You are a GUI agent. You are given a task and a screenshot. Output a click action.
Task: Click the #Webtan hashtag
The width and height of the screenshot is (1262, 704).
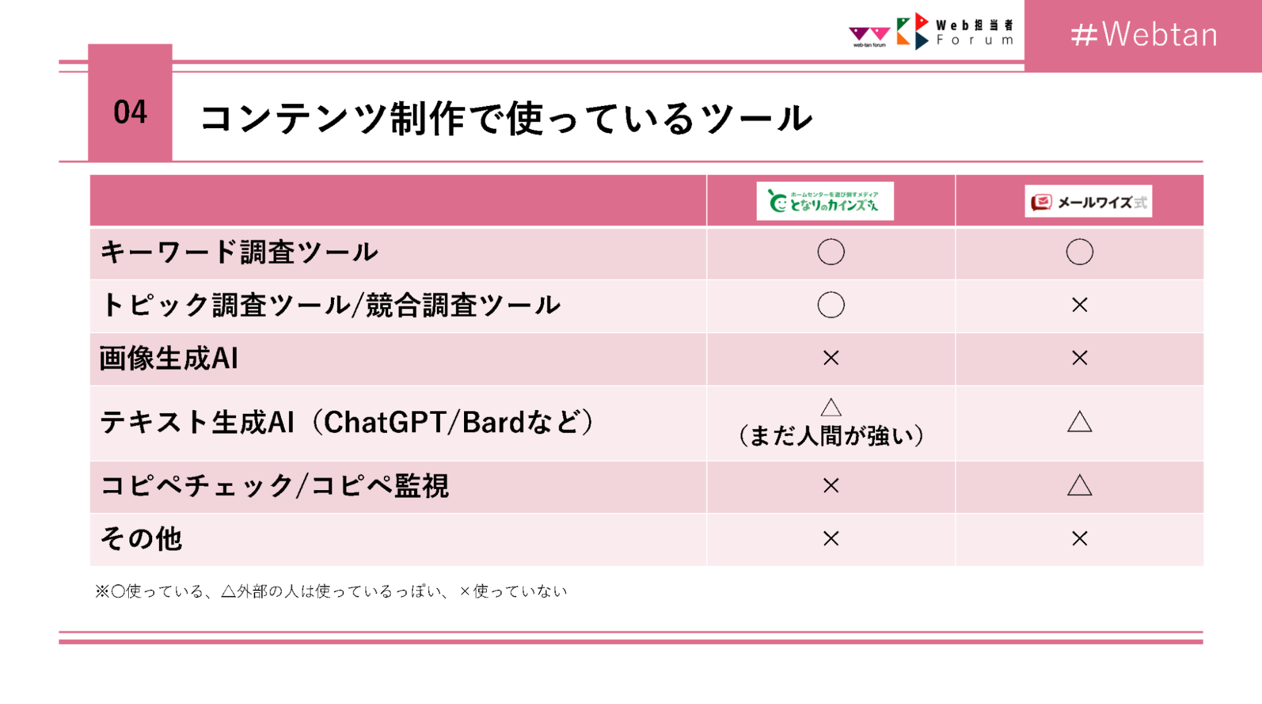pos(1144,34)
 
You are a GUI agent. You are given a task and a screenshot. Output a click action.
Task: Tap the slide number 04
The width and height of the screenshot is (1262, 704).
pos(130,112)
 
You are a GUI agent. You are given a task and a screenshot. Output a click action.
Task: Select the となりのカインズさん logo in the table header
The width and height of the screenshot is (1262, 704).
pos(824,201)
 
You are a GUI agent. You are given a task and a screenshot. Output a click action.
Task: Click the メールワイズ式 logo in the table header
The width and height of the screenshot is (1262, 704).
pos(1088,201)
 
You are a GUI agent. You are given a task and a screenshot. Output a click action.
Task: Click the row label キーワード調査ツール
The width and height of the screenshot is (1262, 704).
pos(239,252)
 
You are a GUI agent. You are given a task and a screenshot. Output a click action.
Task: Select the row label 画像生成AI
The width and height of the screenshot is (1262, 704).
pos(169,358)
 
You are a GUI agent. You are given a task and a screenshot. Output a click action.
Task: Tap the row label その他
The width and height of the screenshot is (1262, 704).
pos(141,539)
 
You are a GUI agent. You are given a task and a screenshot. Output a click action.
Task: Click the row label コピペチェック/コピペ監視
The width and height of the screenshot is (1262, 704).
pos(275,486)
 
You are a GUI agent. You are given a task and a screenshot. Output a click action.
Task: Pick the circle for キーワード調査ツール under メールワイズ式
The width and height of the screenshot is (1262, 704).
pos(1080,240)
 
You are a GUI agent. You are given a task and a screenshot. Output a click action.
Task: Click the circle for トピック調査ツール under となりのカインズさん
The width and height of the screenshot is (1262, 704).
pos(831,293)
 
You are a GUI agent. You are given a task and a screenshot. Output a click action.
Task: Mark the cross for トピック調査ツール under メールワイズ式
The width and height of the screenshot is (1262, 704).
pos(1080,305)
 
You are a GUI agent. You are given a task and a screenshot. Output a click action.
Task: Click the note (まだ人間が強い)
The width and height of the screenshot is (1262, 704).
pos(831,436)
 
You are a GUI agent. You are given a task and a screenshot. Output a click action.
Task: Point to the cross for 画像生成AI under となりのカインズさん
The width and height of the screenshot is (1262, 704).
pos(831,358)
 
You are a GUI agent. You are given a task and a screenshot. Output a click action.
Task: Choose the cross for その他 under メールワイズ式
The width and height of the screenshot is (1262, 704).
pos(1080,539)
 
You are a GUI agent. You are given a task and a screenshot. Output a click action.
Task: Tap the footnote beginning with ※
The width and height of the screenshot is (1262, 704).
pos(331,591)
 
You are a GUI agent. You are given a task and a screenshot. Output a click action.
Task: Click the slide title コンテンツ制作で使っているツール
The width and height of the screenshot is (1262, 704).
pos(506,118)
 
